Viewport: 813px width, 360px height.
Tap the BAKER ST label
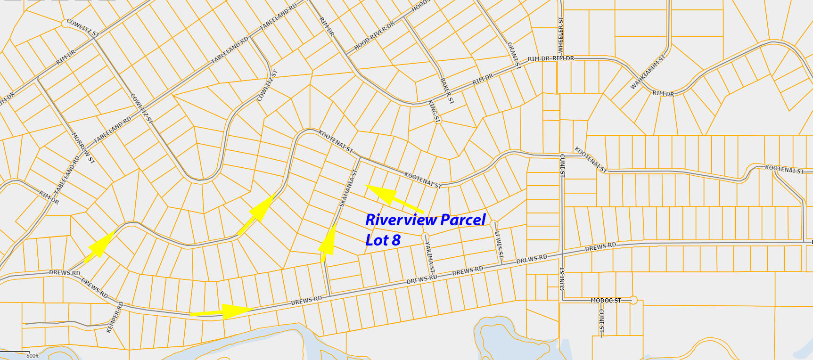[447, 91]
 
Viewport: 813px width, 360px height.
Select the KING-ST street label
[434, 112]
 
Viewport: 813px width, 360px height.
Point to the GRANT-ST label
[514, 55]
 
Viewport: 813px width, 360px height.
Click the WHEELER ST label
[560, 35]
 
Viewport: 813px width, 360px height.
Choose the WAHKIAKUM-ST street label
[648, 72]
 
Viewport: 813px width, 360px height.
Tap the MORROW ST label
[83, 148]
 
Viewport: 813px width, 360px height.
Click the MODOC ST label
[606, 300]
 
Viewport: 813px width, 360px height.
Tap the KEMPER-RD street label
[115, 318]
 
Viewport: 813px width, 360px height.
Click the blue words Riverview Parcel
[425, 220]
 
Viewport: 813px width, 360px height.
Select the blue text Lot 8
[383, 240]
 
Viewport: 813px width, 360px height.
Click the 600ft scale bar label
[33, 356]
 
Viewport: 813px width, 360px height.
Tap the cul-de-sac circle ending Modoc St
[634, 300]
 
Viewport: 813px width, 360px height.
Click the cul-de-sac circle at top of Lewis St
[493, 223]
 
